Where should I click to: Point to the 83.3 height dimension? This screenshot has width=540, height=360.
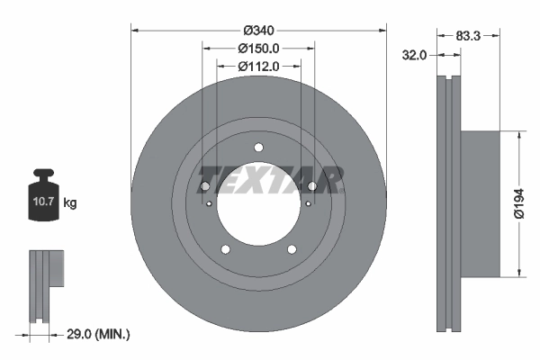pos(466,36)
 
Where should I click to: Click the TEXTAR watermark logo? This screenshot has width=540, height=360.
pos(270,179)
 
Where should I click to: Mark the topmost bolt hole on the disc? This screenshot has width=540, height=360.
pos(258,148)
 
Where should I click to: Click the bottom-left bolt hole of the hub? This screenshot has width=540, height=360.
pos(225,249)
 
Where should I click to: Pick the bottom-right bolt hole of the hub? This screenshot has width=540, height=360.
pos(292,249)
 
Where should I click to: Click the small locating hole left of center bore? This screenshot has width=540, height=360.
pos(209,203)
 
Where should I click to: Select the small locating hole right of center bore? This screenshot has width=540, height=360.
pos(308,203)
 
